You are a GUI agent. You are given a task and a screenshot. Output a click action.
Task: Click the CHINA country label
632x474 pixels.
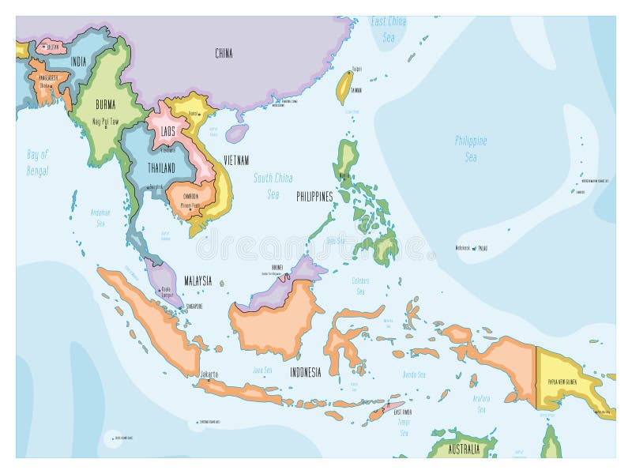click(224, 54)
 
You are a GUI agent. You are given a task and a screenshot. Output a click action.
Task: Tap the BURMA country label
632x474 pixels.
click(105, 103)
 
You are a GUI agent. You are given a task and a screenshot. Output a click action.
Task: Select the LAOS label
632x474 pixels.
click(167, 132)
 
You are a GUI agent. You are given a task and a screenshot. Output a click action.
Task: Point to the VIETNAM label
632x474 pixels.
click(236, 160)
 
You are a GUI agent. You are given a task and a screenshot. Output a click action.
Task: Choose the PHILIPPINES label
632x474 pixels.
click(314, 197)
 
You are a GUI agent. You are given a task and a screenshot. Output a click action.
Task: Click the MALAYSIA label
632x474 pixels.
click(197, 280)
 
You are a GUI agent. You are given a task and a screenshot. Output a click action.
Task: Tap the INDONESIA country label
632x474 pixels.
click(305, 372)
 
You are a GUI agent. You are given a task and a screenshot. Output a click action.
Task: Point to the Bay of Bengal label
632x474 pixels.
click(37, 163)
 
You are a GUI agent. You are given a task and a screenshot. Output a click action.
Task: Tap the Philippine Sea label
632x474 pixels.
click(471, 149)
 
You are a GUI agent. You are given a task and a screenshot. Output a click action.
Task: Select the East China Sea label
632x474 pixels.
click(389, 28)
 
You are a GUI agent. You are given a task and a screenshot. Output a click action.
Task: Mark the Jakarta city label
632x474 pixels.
click(209, 374)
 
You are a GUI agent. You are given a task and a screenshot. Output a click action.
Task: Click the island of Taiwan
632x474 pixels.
click(344, 88)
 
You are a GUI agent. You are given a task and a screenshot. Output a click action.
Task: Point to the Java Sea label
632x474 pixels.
click(262, 369)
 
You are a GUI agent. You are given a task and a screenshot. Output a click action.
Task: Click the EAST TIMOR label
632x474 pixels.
click(402, 412)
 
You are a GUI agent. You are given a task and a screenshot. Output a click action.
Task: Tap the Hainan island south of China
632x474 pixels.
click(236, 132)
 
